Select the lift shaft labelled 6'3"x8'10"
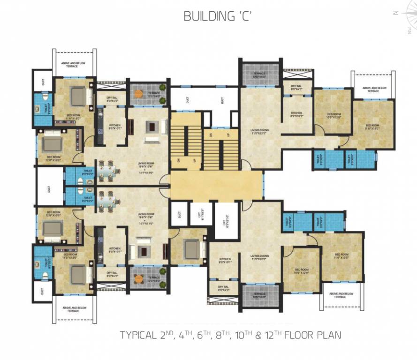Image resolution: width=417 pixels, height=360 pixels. [x=226, y=220]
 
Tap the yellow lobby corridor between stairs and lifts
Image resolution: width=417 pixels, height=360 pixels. [x=216, y=185]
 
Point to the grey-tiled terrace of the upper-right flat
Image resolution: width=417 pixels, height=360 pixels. [x=259, y=74]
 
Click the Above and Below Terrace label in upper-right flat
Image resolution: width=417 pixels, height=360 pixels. [x=373, y=89]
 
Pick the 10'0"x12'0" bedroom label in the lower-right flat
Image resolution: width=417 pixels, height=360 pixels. [x=301, y=270]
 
